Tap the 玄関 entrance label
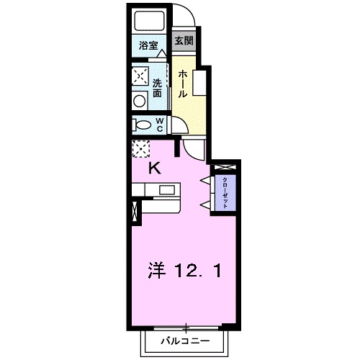(x=184, y=41)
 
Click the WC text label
(x=158, y=125)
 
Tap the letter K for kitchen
(x=153, y=169)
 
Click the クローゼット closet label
(x=225, y=193)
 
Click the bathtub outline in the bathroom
(x=150, y=22)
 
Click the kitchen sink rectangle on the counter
(x=168, y=191)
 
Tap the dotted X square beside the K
(x=140, y=149)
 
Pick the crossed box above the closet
(x=231, y=168)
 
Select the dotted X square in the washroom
(x=140, y=76)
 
